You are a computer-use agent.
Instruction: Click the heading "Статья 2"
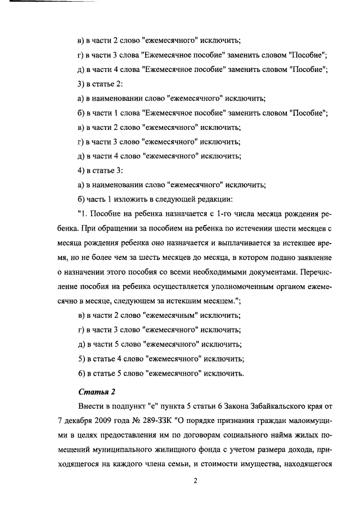(93, 392)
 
